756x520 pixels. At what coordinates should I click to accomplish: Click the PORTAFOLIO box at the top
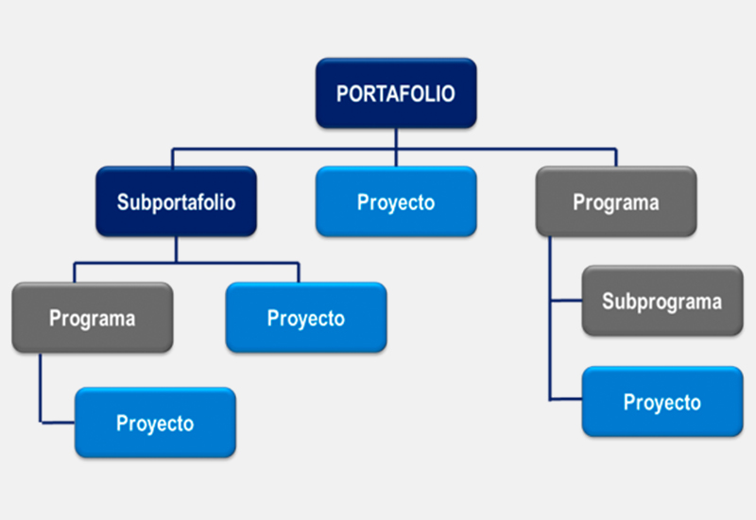[396, 93]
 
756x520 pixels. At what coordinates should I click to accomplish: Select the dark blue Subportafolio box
[176, 201]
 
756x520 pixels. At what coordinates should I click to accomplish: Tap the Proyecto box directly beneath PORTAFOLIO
[396, 201]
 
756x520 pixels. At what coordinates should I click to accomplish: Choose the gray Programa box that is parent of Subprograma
[616, 201]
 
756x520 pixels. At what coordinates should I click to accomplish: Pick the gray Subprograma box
[662, 301]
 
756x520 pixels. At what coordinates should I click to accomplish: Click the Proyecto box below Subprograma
[662, 401]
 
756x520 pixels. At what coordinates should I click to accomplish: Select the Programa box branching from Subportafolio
[93, 318]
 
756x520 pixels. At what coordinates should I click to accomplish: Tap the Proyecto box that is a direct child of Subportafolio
[306, 318]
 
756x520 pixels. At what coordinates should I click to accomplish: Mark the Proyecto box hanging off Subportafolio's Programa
[155, 423]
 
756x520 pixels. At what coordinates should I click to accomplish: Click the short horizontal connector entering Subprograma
[566, 301]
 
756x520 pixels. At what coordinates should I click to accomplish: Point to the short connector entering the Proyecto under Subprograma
[566, 399]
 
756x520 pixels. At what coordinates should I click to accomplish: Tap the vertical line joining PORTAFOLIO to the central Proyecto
[396, 147]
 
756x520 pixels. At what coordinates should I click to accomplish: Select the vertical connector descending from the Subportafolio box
[176, 250]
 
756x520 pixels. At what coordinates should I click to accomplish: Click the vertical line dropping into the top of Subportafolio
[173, 158]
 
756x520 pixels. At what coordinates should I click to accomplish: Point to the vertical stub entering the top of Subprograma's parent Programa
[616, 158]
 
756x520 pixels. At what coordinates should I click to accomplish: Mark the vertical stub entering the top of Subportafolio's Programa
[75, 272]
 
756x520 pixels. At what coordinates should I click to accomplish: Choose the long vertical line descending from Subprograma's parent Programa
[550, 319]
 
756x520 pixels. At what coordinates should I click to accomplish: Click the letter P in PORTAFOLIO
[342, 94]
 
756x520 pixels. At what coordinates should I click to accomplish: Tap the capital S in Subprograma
[608, 301]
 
